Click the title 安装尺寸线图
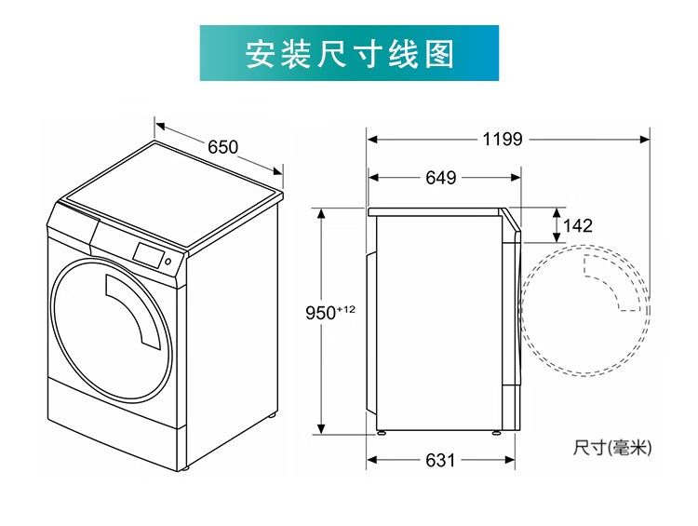pos(349,54)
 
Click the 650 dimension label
pos(222,146)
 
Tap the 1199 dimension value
pos(503,140)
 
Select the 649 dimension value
pos(440,177)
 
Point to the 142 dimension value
pos(578,225)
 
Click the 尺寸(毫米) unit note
pos(612,449)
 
